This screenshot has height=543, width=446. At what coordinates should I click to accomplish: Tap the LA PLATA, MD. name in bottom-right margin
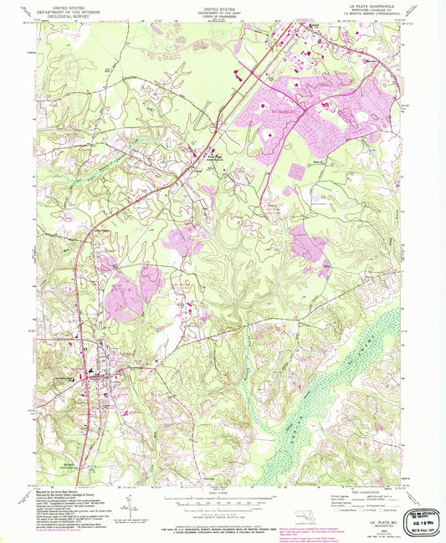pos(377,520)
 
